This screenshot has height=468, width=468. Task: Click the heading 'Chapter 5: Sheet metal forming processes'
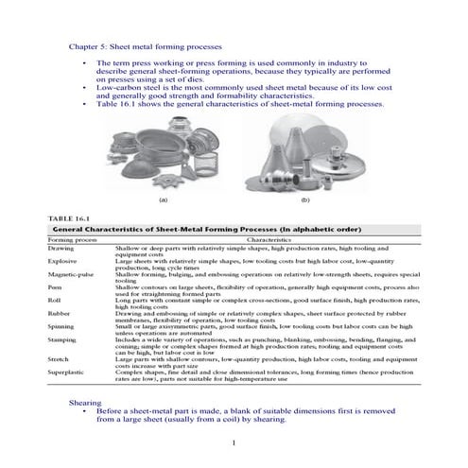click(x=147, y=45)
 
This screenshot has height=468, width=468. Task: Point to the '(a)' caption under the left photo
click(x=164, y=199)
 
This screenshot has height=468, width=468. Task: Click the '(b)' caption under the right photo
click(x=305, y=199)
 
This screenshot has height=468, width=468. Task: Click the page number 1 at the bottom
click(x=234, y=442)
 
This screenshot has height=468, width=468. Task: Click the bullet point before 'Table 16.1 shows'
click(x=85, y=104)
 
